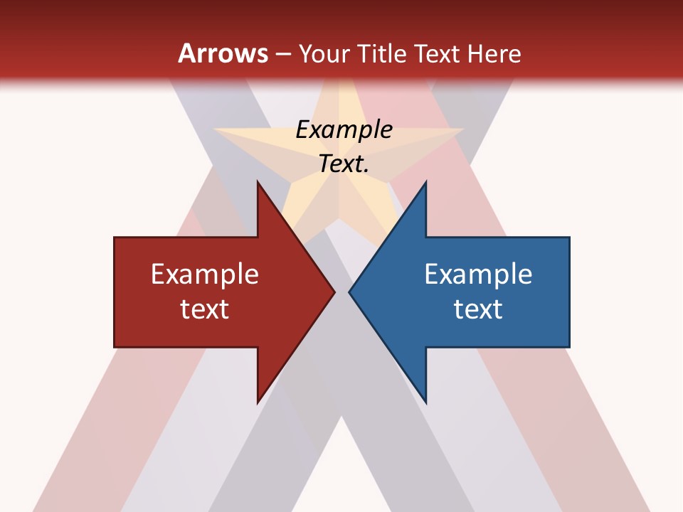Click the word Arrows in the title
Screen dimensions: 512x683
point(223,53)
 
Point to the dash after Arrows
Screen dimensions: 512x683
point(282,55)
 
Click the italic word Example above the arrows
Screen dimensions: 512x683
point(344,129)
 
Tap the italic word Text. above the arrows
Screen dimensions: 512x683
point(344,164)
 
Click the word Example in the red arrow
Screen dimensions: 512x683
point(205,274)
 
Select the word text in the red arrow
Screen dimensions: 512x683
point(205,309)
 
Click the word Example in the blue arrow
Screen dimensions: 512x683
point(478,274)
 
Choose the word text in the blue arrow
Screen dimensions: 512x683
point(478,309)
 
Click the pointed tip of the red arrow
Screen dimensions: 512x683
point(334,292)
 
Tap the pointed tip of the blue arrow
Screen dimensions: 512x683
point(350,292)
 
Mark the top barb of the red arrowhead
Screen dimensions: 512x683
point(258,183)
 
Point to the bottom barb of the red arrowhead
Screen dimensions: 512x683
point(258,401)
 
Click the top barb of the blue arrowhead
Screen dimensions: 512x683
point(425,183)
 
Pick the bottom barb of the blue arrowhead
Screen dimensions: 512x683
point(425,401)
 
